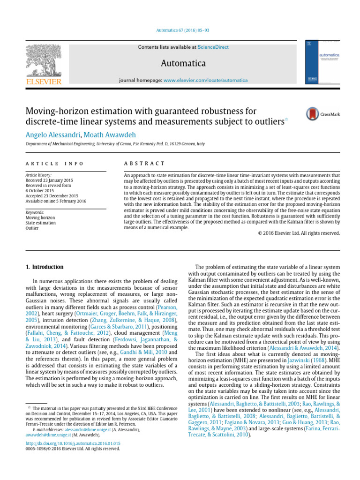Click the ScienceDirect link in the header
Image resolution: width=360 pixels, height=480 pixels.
[x=211, y=47]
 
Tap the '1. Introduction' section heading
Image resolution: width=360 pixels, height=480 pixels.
[x=44, y=267]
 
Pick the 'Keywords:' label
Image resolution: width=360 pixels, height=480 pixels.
[x=35, y=212]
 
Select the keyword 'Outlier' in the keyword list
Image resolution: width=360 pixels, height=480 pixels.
[x=32, y=228]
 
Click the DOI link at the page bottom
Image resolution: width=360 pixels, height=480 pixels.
[x=73, y=442]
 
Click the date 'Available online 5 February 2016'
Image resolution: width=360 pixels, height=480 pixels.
[x=56, y=201]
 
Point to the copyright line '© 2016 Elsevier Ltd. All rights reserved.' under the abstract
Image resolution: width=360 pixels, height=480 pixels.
[x=299, y=233]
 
